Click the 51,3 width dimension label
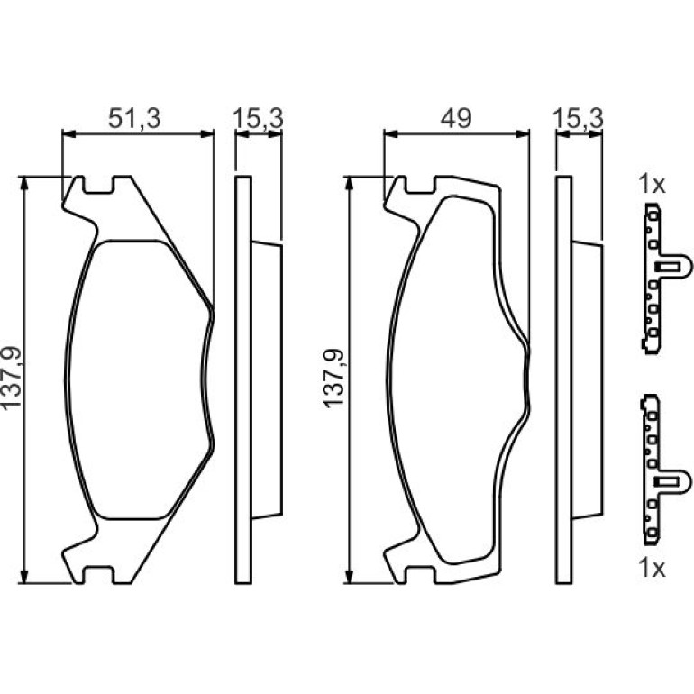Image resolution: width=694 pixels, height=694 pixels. pyautogui.click(x=134, y=118)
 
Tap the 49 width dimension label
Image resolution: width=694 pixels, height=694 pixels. pyautogui.click(x=456, y=118)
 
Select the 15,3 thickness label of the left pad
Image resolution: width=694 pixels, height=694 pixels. pyautogui.click(x=258, y=118)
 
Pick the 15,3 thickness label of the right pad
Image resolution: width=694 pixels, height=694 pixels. pyautogui.click(x=578, y=118)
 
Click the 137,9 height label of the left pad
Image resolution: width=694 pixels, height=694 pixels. pyautogui.click(x=12, y=377)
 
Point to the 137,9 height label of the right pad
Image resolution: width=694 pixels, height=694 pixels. pyautogui.click(x=333, y=377)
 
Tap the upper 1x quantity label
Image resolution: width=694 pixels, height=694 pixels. pyautogui.click(x=652, y=184)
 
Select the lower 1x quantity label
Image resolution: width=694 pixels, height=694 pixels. pyautogui.click(x=652, y=568)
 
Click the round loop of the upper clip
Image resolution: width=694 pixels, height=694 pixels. pyautogui.click(x=685, y=268)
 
